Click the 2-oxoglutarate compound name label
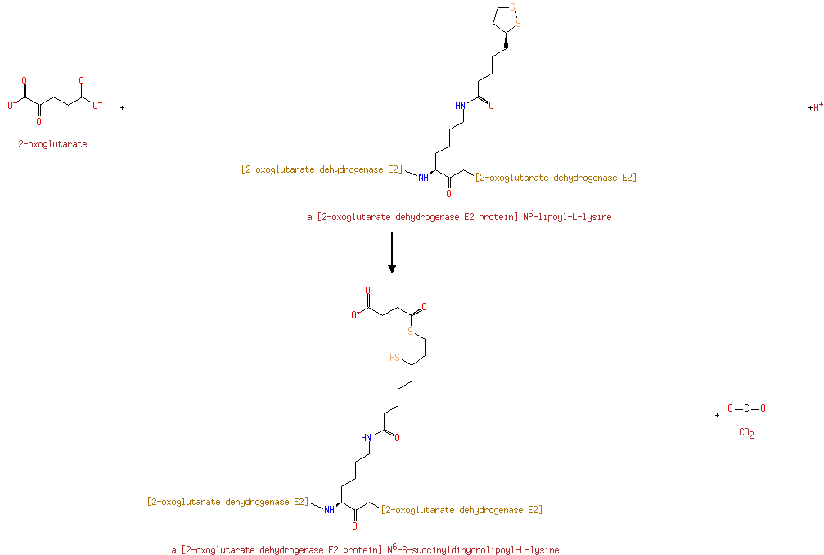click(x=52, y=144)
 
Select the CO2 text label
click(x=746, y=434)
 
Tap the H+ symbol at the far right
click(x=815, y=107)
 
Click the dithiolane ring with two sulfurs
click(x=506, y=21)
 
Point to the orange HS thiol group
click(x=395, y=358)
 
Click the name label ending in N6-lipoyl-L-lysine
click(x=459, y=217)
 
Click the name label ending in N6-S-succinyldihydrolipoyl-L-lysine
click(x=365, y=550)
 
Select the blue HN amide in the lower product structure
click(x=365, y=436)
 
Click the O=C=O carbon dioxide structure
click(x=746, y=408)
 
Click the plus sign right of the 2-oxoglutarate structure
click(x=122, y=107)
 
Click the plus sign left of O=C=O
click(x=718, y=415)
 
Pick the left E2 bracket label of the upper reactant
click(x=322, y=169)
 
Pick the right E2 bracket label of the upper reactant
click(x=556, y=178)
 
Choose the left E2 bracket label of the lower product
click(x=227, y=501)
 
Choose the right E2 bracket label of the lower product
click(x=462, y=510)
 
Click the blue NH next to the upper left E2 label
click(x=423, y=178)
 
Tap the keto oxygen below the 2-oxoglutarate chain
click(x=38, y=122)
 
